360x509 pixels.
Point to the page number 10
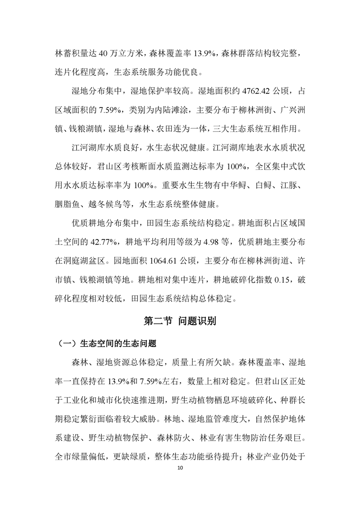coord(180,467)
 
